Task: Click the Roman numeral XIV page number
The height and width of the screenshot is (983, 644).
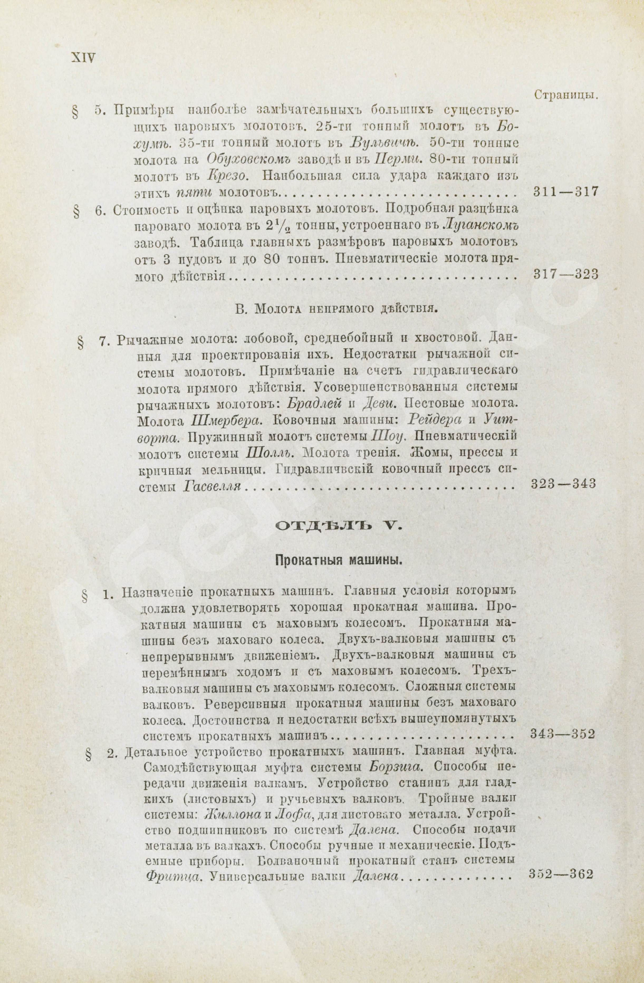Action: pos(83,57)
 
